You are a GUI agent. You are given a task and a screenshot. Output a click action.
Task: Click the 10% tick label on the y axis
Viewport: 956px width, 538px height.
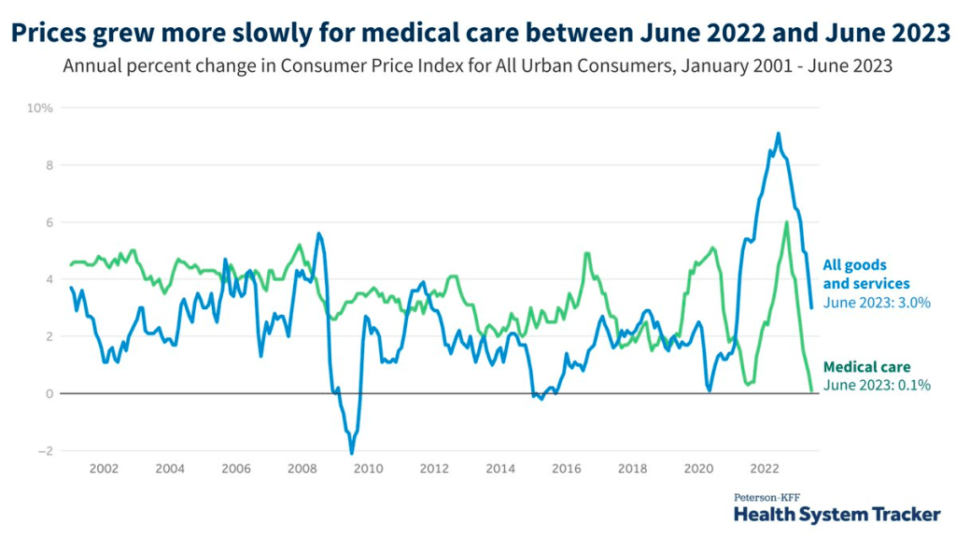tap(40, 108)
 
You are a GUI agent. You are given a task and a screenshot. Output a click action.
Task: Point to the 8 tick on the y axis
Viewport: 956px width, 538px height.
tap(49, 165)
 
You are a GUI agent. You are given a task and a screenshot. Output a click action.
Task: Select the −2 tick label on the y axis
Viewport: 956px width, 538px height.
tap(45, 451)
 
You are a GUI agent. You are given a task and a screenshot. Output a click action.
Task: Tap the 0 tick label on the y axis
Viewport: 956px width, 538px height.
tap(49, 394)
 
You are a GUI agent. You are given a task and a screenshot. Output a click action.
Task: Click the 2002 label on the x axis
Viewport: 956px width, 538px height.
tap(103, 469)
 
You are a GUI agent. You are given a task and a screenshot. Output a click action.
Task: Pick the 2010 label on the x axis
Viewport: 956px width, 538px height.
tap(368, 469)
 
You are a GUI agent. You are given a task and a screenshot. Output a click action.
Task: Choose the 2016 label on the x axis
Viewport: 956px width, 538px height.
tap(567, 469)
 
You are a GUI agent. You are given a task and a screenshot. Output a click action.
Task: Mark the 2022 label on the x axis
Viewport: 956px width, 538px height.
tap(766, 469)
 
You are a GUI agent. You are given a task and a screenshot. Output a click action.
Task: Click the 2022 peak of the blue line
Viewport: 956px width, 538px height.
tap(779, 134)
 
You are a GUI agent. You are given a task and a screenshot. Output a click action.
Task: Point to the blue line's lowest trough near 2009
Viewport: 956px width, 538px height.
tap(352, 453)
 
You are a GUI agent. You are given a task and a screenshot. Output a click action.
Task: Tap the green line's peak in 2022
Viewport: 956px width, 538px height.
tap(787, 222)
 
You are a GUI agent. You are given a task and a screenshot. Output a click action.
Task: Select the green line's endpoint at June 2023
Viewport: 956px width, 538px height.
tap(810, 390)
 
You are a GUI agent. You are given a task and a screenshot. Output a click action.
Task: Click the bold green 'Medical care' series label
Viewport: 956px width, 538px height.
tap(866, 367)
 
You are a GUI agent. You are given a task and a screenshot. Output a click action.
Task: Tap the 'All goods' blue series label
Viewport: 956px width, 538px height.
tap(854, 265)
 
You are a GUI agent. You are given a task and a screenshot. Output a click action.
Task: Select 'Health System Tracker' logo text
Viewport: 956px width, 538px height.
tap(836, 514)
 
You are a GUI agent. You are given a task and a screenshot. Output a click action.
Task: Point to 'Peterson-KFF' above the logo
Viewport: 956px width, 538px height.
tap(768, 497)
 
